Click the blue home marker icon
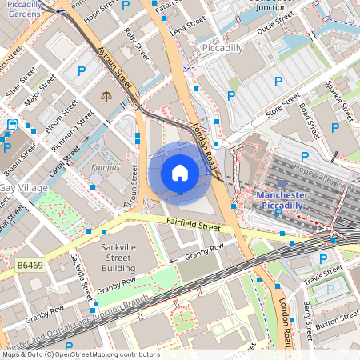180,173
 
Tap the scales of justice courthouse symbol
106,95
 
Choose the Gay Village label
18,187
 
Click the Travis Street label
322,274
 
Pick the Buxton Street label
336,322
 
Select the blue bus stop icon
13,125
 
